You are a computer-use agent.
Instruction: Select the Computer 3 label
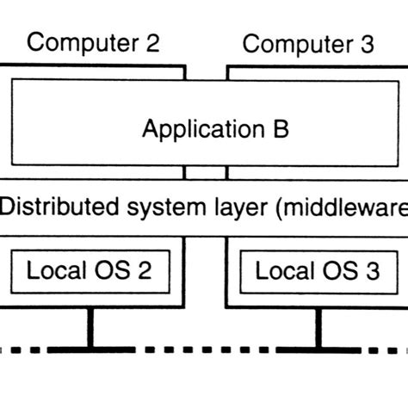(x=308, y=44)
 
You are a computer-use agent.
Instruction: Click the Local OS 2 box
(x=90, y=271)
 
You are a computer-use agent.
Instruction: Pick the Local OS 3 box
(x=317, y=271)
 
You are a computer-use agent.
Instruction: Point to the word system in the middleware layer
(x=157, y=208)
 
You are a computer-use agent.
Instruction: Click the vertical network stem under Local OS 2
(x=89, y=327)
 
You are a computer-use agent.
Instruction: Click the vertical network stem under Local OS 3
(x=317, y=327)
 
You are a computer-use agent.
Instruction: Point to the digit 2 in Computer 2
(x=151, y=42)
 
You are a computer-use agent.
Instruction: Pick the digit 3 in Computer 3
(x=368, y=44)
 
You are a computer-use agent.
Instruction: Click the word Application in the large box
(x=192, y=131)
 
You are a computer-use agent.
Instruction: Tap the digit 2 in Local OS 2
(x=144, y=271)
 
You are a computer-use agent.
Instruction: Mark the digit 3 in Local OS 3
(x=371, y=271)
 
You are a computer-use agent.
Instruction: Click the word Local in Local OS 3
(x=283, y=271)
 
